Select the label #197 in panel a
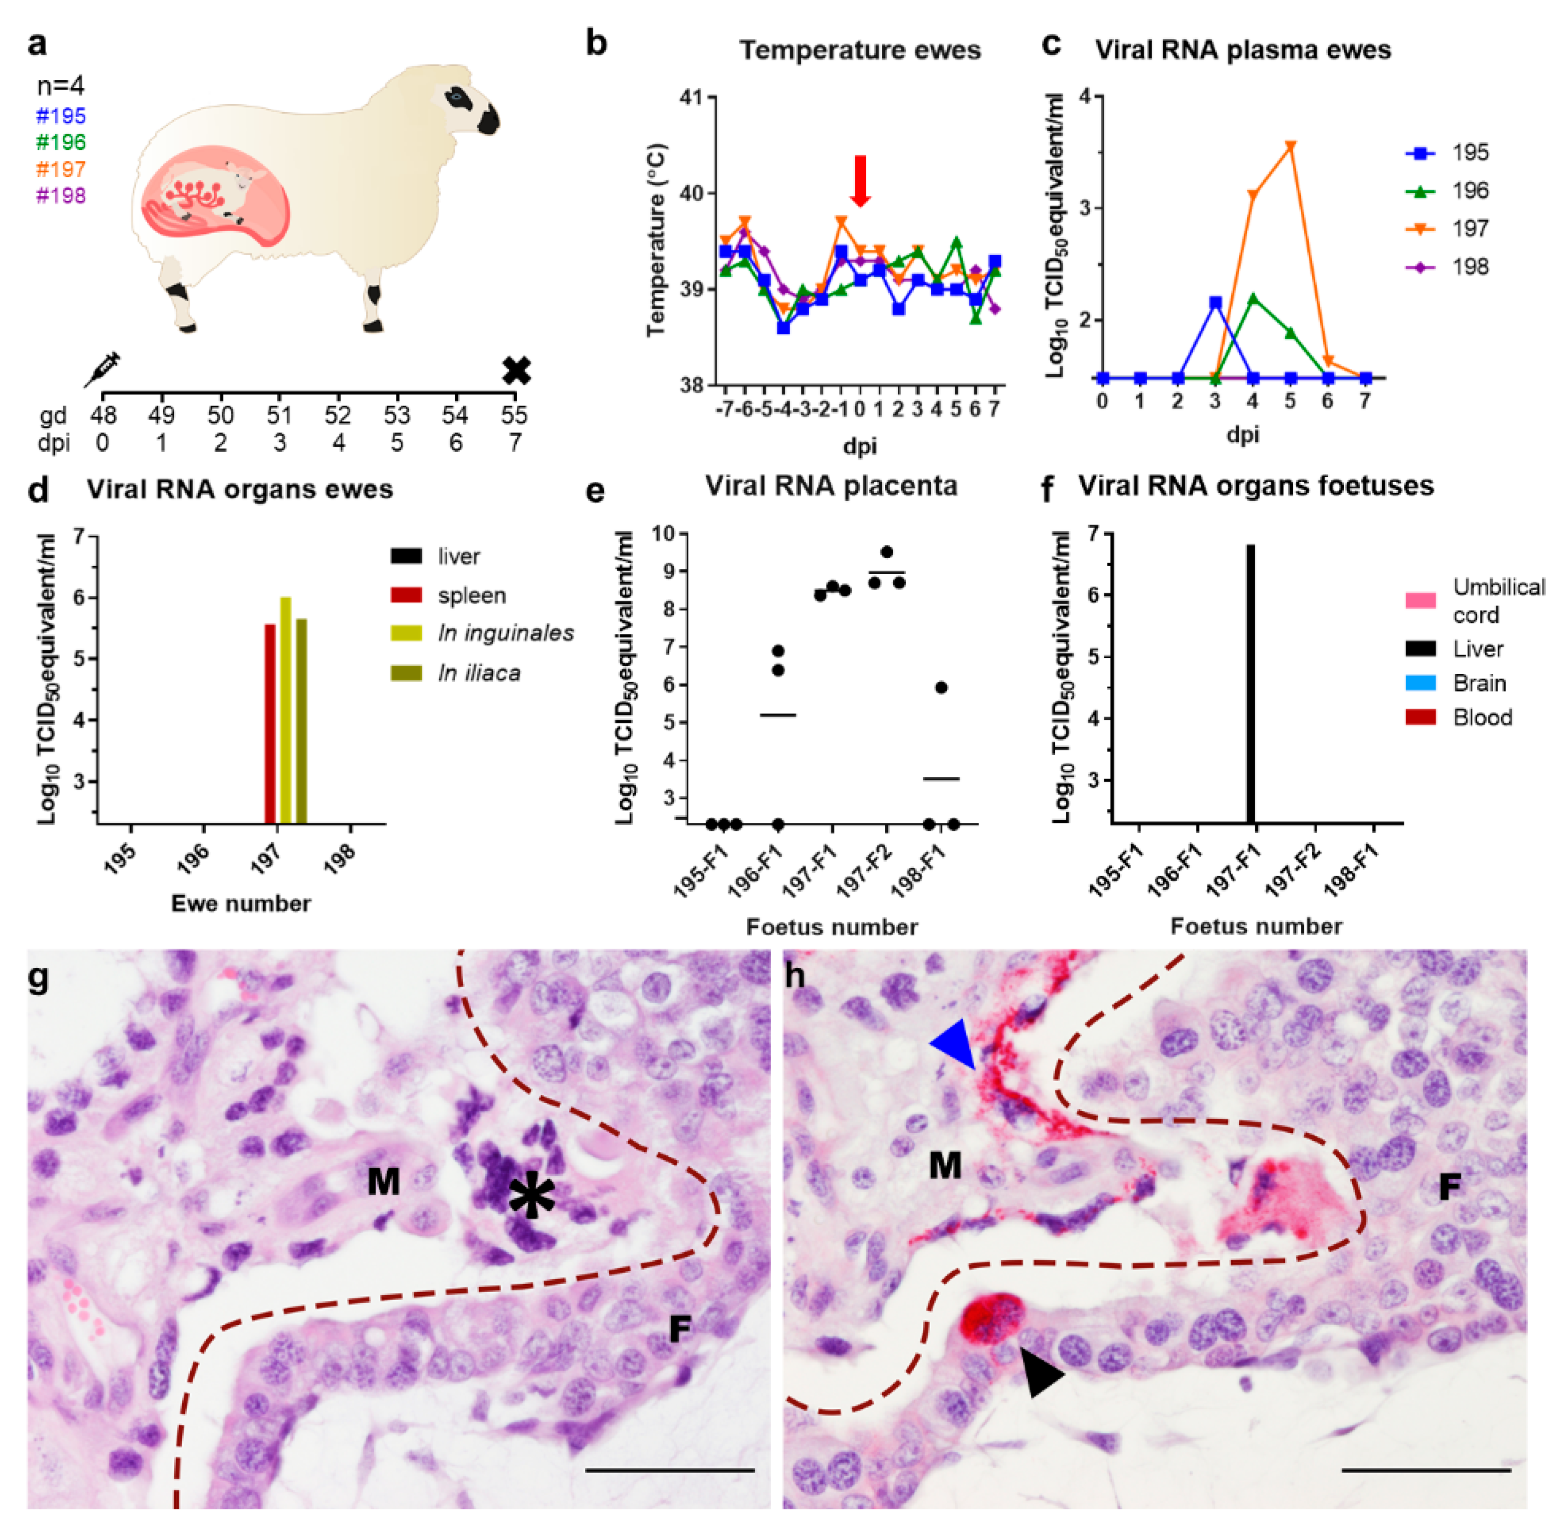click(x=61, y=169)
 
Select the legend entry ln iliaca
click(x=479, y=672)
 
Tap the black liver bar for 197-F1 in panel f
click(x=1251, y=683)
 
